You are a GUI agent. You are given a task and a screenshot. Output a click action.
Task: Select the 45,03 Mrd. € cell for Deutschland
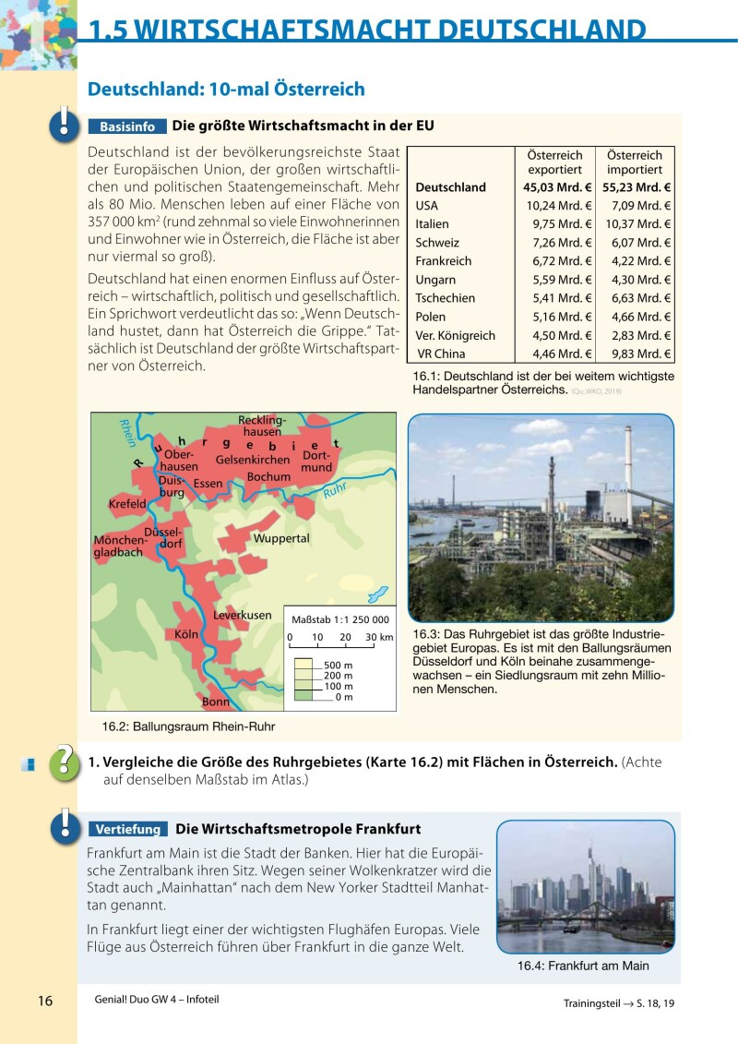551,187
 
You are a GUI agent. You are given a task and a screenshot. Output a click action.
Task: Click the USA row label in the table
427,206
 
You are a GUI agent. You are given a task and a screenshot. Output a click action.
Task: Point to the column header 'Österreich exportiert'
554,163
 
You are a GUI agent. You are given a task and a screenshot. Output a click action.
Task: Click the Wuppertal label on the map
281,538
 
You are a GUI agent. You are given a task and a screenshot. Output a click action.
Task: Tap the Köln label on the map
187,635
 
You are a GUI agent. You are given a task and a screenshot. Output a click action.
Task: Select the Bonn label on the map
216,702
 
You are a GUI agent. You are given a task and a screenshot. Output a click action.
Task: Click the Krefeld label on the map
127,504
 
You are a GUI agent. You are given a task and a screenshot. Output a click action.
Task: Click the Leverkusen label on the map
243,615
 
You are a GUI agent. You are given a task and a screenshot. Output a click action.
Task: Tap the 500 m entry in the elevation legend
339,665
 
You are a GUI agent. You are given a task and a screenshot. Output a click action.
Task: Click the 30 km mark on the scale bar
378,638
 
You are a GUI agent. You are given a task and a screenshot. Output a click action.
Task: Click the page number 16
45,1002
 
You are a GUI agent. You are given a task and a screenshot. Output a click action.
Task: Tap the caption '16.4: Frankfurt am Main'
583,966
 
